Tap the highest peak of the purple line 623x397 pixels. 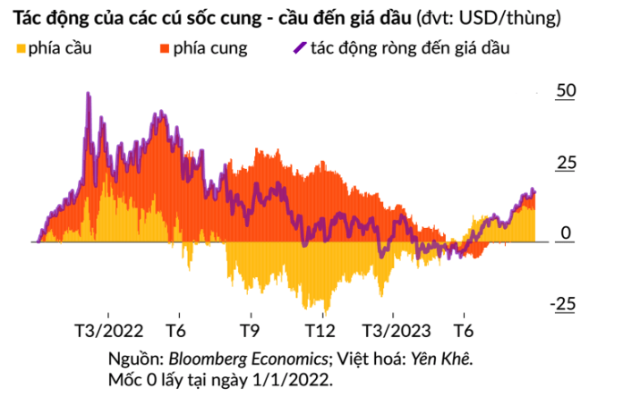coord(87,93)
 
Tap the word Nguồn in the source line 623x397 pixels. coord(133,358)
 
